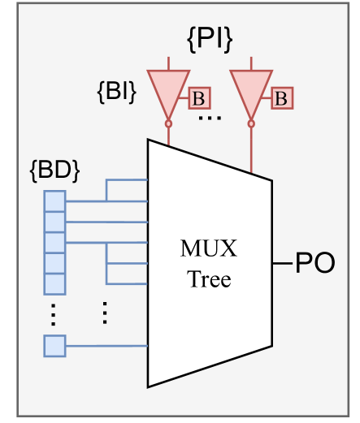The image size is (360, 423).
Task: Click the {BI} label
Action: pyautogui.click(x=116, y=90)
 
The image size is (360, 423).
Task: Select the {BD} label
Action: pyautogui.click(x=54, y=171)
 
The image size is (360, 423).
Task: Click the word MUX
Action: pyautogui.click(x=210, y=248)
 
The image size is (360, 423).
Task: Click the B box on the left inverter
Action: pyautogui.click(x=197, y=98)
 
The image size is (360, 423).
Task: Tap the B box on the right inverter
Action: pyautogui.click(x=281, y=98)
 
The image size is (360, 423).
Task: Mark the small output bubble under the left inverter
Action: pyautogui.click(x=168, y=123)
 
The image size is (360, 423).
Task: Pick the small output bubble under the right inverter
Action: pyautogui.click(x=251, y=123)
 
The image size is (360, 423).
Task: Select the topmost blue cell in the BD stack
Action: pyautogui.click(x=54, y=200)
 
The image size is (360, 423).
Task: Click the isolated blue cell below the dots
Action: pyautogui.click(x=54, y=345)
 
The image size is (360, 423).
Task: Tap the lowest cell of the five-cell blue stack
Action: pyautogui.click(x=54, y=283)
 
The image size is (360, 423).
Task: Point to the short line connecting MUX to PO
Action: pyautogui.click(x=283, y=264)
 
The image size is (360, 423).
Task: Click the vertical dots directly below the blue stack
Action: pyautogui.click(x=54, y=313)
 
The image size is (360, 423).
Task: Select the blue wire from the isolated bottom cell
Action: pyautogui.click(x=106, y=345)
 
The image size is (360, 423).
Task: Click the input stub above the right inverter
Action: pyautogui.click(x=251, y=63)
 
